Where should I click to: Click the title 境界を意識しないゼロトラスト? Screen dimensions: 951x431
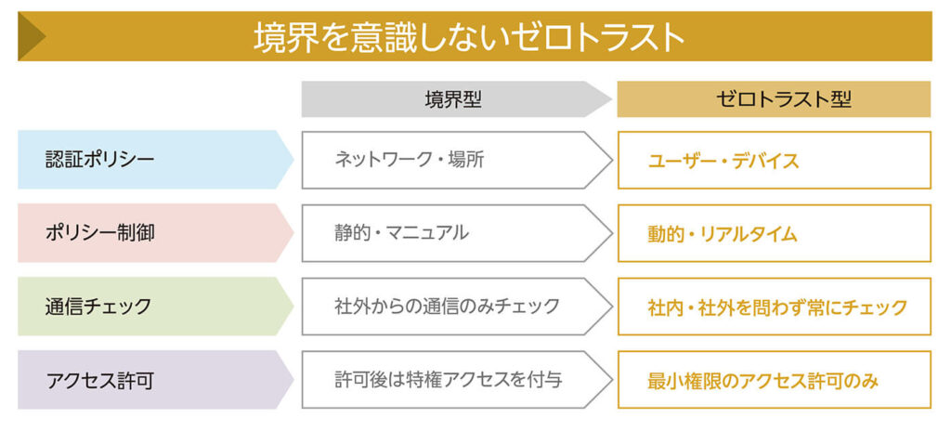click(468, 38)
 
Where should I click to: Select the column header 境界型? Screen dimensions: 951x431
click(453, 99)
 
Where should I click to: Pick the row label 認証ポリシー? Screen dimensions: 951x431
click(100, 160)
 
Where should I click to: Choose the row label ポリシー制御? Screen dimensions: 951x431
click(100, 233)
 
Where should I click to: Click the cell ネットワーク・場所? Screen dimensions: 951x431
click(410, 160)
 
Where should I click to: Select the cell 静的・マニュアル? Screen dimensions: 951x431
click(401, 233)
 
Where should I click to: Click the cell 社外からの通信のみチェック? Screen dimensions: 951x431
click(447, 307)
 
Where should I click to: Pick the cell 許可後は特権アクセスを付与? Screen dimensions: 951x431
click(449, 380)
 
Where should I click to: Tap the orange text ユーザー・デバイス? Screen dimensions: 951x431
click(723, 161)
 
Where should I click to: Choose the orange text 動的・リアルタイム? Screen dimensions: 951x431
click(723, 234)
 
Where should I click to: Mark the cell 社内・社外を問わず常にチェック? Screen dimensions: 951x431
click(777, 307)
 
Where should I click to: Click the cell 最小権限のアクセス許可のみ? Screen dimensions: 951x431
click(763, 381)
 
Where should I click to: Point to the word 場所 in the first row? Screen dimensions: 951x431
click(466, 160)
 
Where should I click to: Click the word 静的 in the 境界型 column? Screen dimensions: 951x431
click(352, 233)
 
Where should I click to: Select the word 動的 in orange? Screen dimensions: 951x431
click(666, 234)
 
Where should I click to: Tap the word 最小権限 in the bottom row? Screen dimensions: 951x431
click(684, 381)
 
